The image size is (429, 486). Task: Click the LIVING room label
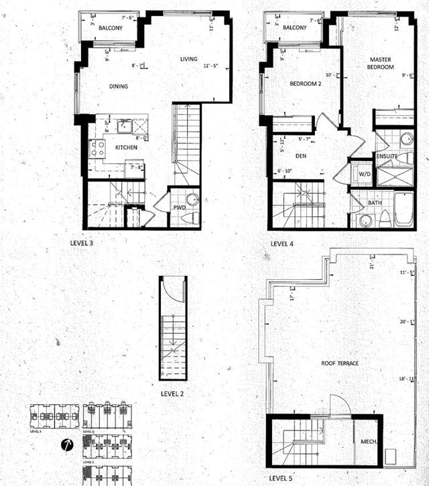click(x=189, y=59)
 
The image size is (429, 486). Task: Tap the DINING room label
click(x=118, y=86)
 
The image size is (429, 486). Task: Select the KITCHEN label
click(x=126, y=147)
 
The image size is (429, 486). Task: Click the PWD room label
click(x=179, y=207)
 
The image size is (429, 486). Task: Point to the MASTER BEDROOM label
click(x=379, y=64)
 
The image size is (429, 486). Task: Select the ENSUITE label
click(x=387, y=156)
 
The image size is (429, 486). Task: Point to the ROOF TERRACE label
click(x=340, y=363)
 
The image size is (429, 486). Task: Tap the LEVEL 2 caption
click(x=173, y=393)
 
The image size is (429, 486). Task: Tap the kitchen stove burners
click(x=98, y=148)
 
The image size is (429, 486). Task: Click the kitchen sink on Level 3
click(x=124, y=126)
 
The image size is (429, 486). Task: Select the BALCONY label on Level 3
click(x=109, y=28)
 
